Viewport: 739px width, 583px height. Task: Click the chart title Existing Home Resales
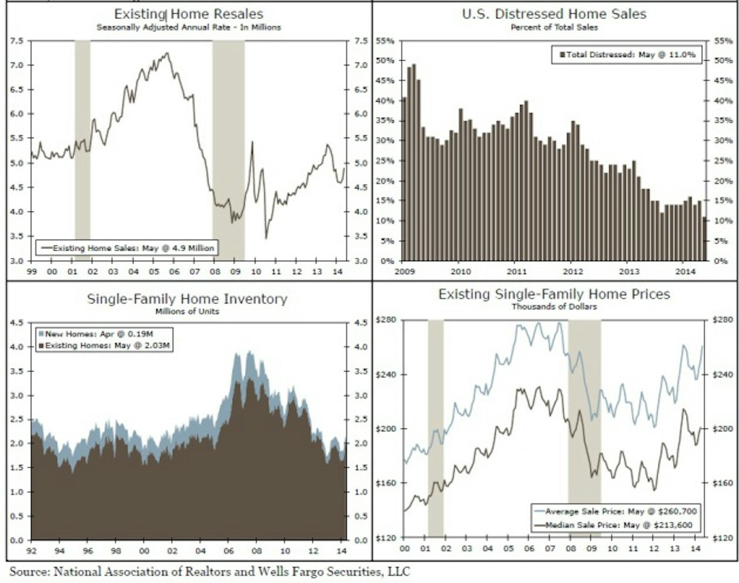189,14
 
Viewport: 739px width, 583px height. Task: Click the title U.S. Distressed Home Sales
554,14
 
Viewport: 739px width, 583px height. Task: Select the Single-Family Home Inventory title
187,299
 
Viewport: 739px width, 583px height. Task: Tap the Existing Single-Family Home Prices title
554,294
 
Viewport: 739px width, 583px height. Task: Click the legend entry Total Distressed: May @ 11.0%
627,55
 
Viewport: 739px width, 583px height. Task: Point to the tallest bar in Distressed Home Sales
414,163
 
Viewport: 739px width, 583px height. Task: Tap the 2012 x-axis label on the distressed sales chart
573,272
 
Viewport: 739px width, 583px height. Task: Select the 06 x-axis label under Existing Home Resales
174,272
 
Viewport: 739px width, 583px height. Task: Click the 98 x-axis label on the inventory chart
116,551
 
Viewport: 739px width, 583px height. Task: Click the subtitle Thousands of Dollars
554,307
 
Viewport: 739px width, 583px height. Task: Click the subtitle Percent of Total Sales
554,27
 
